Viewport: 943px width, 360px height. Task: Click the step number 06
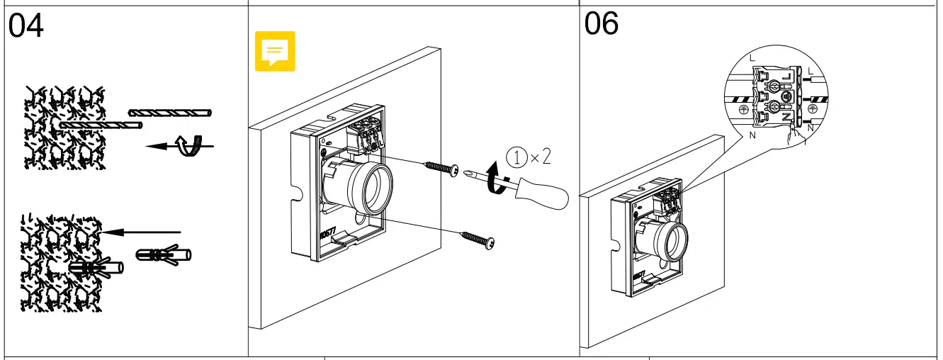[602, 24]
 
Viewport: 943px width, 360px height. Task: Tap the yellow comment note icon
[275, 52]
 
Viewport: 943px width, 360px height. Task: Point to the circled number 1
[517, 157]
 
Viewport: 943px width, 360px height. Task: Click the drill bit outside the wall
[170, 113]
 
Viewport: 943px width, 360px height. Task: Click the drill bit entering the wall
[103, 125]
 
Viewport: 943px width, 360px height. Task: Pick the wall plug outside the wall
[162, 253]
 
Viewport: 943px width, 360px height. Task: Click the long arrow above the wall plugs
[142, 231]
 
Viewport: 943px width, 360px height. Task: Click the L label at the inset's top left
[752, 56]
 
